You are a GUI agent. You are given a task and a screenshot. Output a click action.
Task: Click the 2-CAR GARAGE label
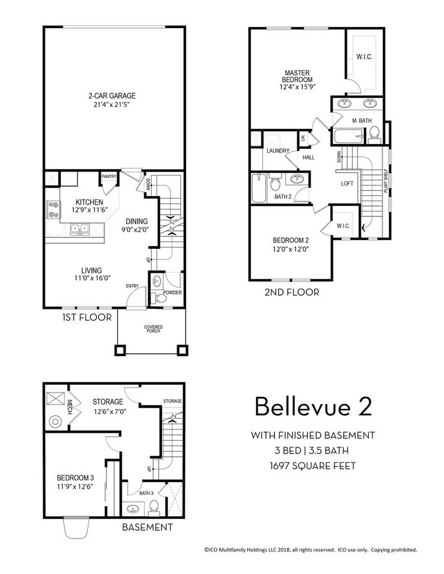point(112,96)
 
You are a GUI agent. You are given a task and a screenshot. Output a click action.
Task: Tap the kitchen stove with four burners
point(53,211)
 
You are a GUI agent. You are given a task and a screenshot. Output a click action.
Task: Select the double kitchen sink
point(80,229)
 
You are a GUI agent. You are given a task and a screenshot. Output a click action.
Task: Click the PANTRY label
point(109,177)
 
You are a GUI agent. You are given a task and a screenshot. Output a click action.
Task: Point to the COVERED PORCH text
point(154,328)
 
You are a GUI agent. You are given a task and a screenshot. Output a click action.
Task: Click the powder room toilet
point(159,298)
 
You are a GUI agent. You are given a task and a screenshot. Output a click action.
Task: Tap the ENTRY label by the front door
point(132,286)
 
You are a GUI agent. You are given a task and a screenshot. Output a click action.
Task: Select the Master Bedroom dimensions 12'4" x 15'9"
point(297,87)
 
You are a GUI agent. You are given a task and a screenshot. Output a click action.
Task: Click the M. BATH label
point(362,121)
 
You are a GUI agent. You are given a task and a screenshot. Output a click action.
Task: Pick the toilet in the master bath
point(374,135)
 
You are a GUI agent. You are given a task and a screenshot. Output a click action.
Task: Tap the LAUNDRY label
point(278,151)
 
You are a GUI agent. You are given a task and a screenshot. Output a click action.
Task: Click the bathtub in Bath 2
point(260,188)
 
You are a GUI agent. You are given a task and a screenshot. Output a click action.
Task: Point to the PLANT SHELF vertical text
point(386,180)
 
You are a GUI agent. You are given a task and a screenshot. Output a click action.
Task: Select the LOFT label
point(347,183)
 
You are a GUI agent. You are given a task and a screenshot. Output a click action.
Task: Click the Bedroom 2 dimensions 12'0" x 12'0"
point(291,249)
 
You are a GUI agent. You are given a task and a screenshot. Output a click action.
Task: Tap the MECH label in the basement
point(70,407)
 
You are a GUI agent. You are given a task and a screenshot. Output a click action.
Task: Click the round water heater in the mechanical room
point(55,422)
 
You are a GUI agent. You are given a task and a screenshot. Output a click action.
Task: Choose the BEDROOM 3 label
point(76,478)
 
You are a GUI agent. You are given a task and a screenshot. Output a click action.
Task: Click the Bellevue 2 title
point(313,406)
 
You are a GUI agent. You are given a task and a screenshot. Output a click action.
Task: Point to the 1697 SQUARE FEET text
point(313,466)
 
